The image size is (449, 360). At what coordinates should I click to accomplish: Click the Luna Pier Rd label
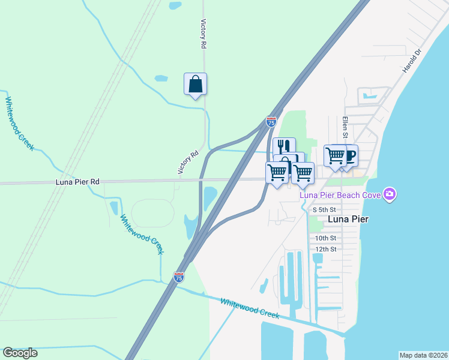pos(77,181)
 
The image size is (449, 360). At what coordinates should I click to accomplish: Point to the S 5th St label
pos(327,210)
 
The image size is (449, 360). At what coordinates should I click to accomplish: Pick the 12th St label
pos(326,249)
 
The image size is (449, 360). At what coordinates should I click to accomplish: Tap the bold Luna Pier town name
pos(348,220)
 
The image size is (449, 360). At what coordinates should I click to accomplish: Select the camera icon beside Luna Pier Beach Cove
pos(390,193)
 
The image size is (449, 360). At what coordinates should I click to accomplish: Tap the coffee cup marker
pos(348,155)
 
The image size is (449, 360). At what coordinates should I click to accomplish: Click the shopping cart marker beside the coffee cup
pos(335,155)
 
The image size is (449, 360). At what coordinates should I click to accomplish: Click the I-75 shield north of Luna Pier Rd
pos(271,122)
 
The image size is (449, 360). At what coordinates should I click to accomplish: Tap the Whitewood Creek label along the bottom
pos(250,308)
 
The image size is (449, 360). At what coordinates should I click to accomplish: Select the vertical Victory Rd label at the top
pos(203,33)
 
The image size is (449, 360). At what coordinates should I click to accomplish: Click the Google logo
pos(20,353)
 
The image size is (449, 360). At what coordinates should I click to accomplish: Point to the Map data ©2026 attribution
pos(423,355)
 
